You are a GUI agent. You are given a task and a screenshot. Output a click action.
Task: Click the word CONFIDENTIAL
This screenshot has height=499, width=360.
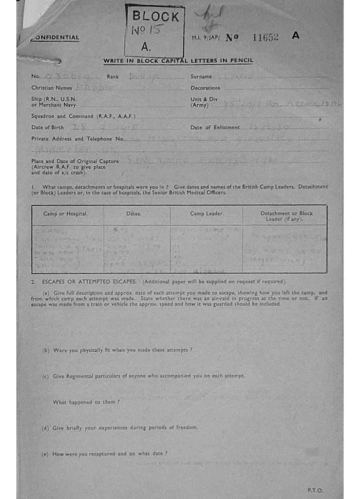[x=55, y=38]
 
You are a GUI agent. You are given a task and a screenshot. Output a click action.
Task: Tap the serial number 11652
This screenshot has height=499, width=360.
[x=265, y=37]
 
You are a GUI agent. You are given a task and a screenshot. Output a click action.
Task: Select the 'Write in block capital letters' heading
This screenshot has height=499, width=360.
[x=178, y=60]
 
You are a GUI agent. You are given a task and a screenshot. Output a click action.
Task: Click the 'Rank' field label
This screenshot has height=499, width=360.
[x=113, y=77]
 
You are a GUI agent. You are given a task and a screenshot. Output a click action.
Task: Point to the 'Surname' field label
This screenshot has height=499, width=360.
[x=201, y=77]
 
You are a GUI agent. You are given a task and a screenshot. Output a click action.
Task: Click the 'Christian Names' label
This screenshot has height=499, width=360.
[x=52, y=88]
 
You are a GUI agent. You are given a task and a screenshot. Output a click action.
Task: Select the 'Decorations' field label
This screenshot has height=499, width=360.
[x=205, y=88]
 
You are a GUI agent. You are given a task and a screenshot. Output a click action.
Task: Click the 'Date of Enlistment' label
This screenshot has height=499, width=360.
[x=215, y=127]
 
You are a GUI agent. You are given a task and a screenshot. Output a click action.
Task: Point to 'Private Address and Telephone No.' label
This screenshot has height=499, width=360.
[x=78, y=138]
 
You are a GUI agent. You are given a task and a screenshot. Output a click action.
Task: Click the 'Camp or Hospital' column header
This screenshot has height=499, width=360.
[x=65, y=214]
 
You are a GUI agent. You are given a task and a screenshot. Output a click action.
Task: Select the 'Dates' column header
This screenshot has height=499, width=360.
[x=133, y=214]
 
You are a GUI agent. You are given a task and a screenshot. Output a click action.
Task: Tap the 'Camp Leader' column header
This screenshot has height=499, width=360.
[x=206, y=214]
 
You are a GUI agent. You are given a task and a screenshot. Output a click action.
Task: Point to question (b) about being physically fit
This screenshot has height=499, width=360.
[x=117, y=350]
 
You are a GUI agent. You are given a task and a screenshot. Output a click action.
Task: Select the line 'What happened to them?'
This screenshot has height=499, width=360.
[x=86, y=402]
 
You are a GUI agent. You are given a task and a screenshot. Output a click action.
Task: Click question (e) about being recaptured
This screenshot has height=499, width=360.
[x=105, y=454]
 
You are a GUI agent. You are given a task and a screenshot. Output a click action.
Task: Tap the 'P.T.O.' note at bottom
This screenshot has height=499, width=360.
[x=315, y=490]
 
